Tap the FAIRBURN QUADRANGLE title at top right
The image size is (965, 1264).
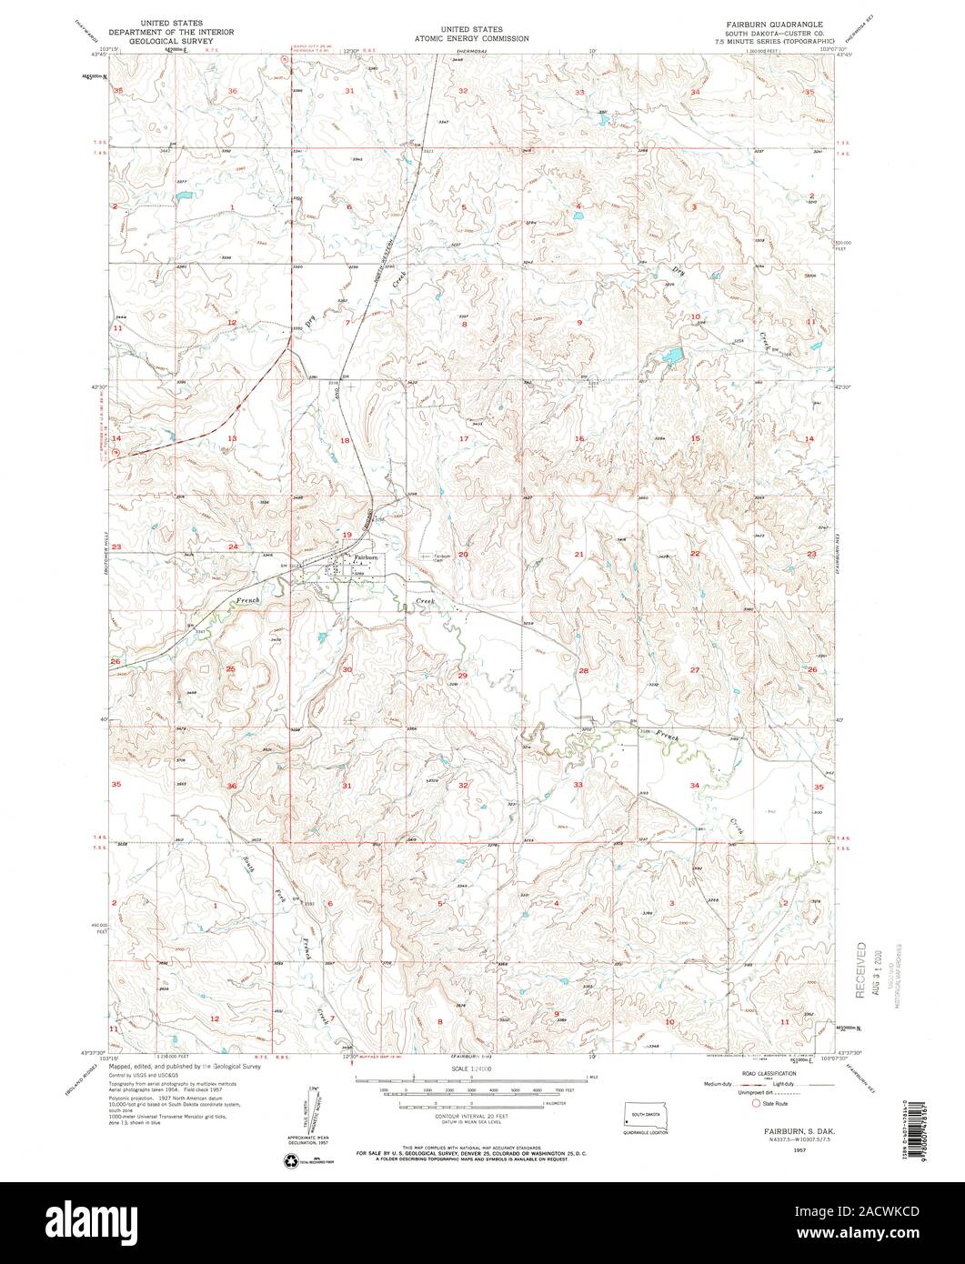775,20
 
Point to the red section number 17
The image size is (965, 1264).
463,439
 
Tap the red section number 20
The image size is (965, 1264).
463,554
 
